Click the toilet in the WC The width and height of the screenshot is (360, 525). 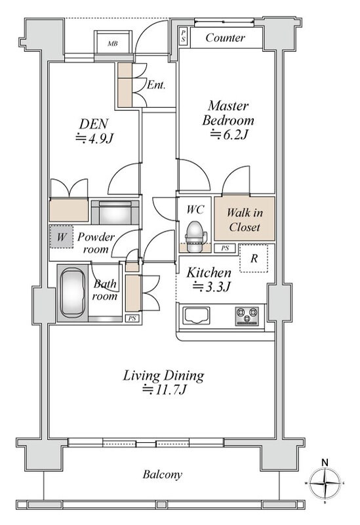coord(195,236)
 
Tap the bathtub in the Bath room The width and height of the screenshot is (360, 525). coord(72,293)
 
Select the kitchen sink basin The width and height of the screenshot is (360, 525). coord(196,316)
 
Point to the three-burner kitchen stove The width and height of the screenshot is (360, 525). coord(247,316)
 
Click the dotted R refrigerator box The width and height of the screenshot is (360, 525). coord(254,258)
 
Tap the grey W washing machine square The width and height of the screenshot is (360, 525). coord(61,237)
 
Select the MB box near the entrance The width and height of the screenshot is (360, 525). coord(112,43)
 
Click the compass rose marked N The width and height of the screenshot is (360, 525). coord(324,483)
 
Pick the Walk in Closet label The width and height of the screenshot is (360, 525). coord(245,220)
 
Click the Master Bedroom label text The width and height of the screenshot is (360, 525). coord(228,113)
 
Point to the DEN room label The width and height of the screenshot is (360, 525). coord(93,124)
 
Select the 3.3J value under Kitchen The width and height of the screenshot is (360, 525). coord(212,287)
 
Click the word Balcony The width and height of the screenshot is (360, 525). coord(163,474)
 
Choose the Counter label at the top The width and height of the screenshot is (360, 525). coord(225,37)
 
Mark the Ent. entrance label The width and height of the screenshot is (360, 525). coord(156,85)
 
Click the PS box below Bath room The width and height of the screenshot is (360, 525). coord(132,318)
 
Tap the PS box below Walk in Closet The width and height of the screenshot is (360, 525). coord(225,248)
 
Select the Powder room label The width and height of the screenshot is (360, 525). coord(96,243)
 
